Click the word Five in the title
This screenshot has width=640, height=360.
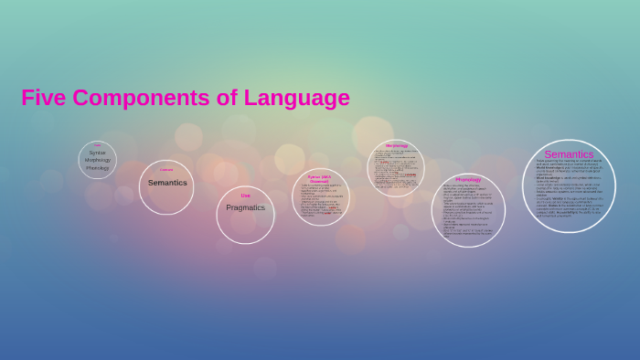tap(43, 98)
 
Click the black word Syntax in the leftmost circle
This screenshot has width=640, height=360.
tap(97, 153)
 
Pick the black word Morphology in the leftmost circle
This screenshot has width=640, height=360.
tap(97, 160)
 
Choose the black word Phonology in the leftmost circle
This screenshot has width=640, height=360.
tap(97, 168)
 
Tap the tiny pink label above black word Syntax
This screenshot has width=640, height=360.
tap(97, 145)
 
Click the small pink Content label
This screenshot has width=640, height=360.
tap(166, 170)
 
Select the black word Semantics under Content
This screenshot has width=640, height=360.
tap(167, 183)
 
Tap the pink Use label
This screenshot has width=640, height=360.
tap(245, 196)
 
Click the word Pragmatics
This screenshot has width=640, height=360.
tap(245, 207)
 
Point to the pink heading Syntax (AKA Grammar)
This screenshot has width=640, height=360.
tap(320, 179)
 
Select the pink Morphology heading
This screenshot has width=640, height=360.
tap(397, 145)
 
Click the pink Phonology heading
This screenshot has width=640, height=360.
tap(468, 179)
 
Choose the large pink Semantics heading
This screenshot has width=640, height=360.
tap(569, 154)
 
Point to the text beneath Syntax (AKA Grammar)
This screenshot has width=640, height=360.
tap(320, 201)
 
